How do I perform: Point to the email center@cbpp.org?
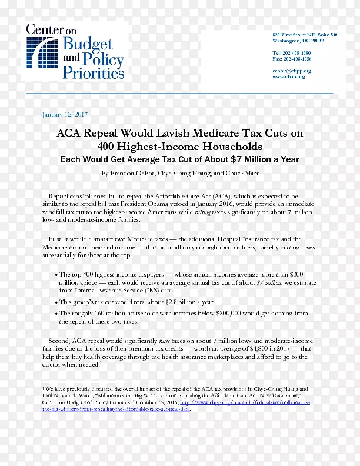coord(292,71)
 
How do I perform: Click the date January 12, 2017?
coord(65,114)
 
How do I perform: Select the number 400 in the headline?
coord(108,147)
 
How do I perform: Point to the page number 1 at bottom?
coord(316,434)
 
